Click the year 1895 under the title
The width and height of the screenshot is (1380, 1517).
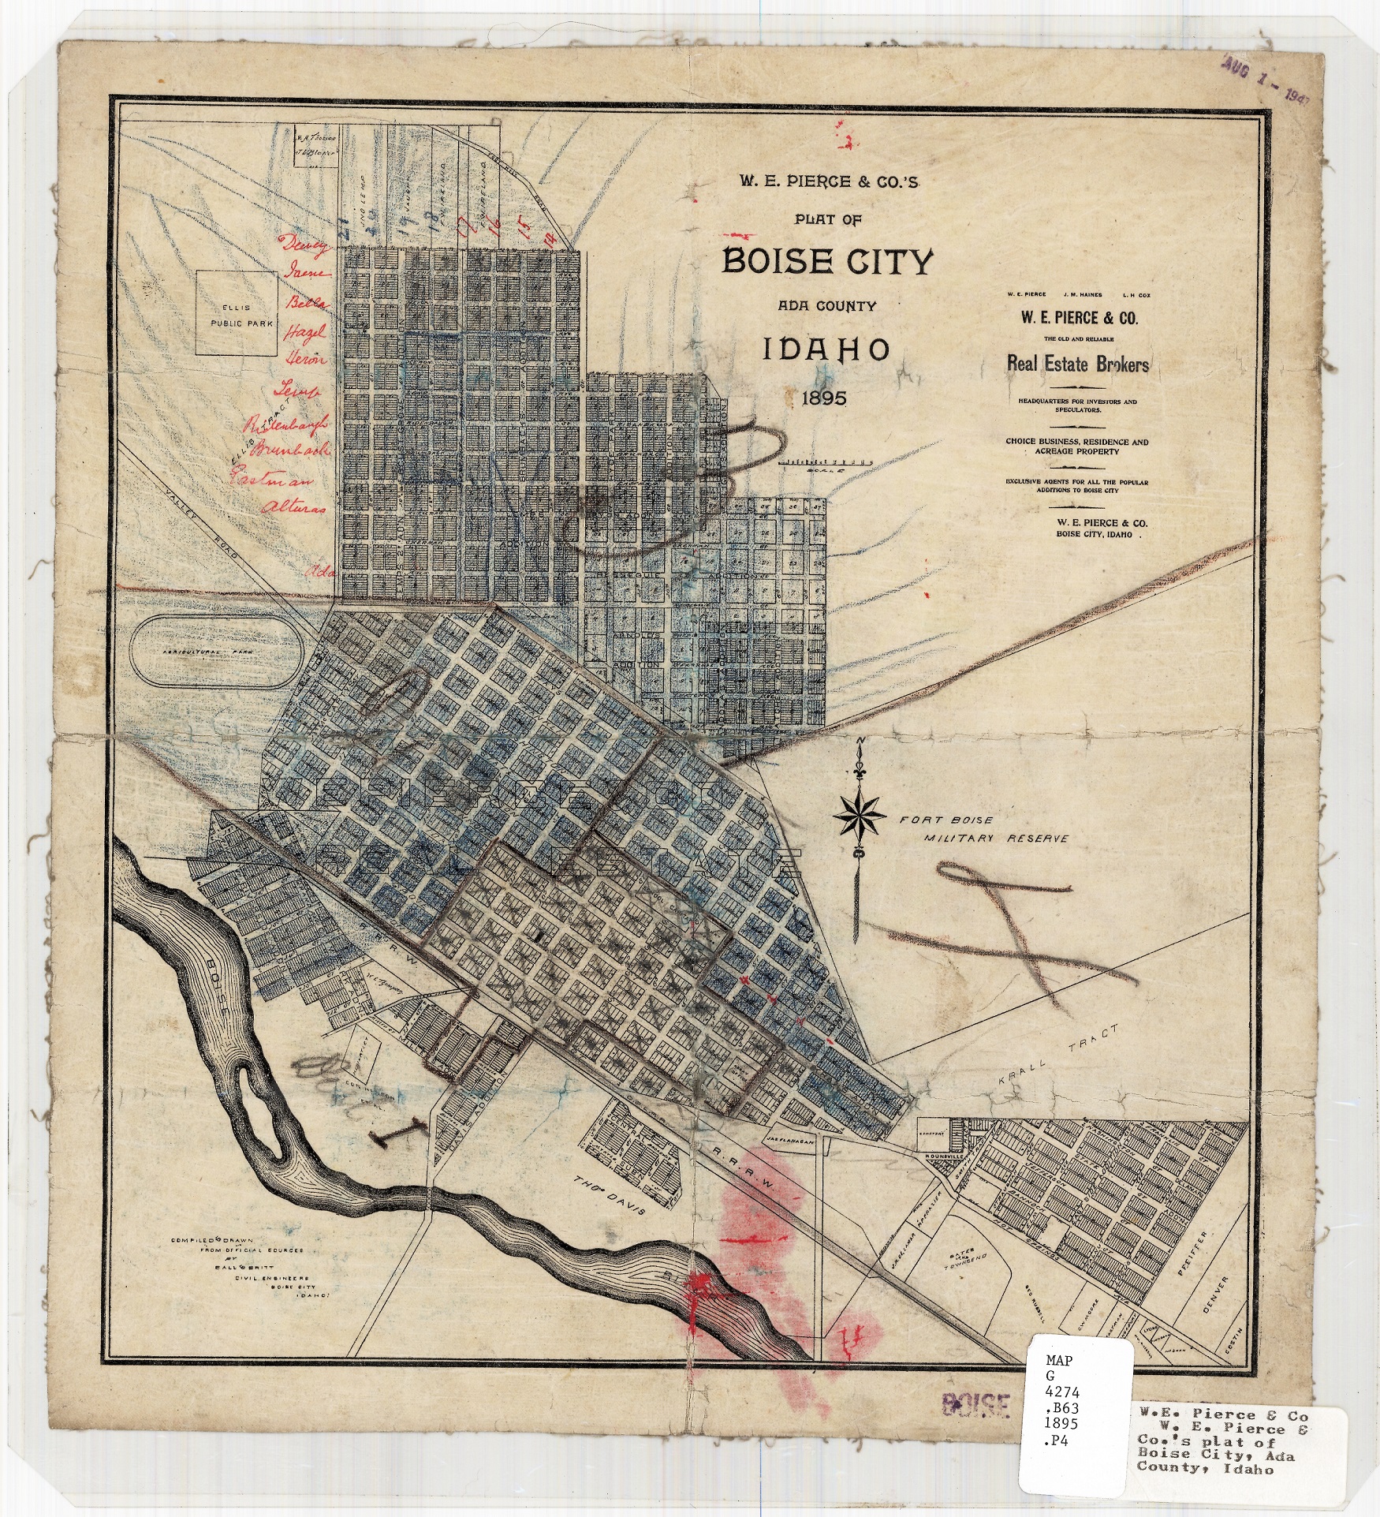click(824, 398)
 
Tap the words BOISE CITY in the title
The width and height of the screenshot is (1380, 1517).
click(827, 261)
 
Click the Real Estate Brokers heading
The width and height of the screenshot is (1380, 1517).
click(1077, 364)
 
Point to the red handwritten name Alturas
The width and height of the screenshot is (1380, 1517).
click(293, 507)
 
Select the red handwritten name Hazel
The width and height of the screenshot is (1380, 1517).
click(305, 333)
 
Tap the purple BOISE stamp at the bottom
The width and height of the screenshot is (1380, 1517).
click(976, 1404)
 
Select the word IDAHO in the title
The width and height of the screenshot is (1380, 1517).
click(826, 349)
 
